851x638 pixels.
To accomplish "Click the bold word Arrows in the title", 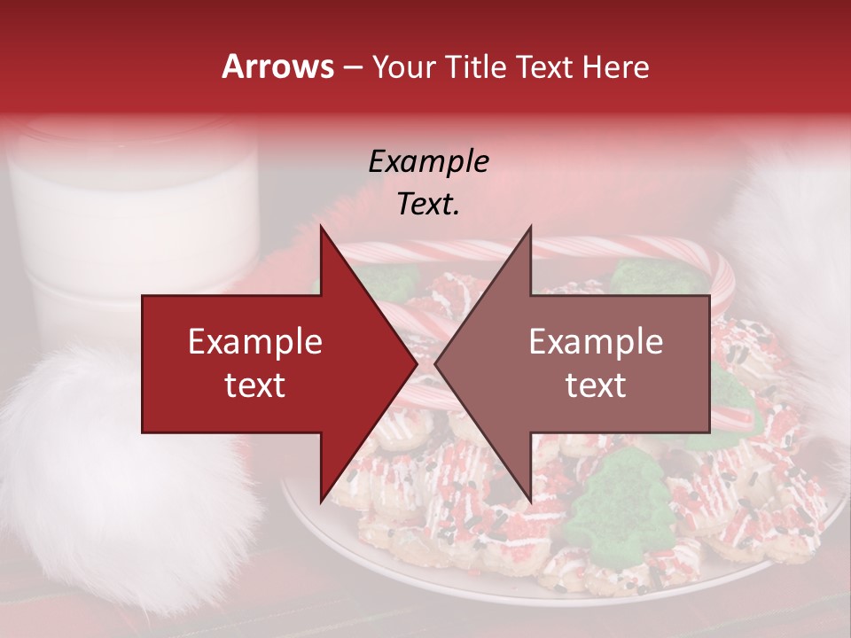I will tap(277, 66).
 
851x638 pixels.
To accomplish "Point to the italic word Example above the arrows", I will tap(428, 162).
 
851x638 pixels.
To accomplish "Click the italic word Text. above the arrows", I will tap(428, 205).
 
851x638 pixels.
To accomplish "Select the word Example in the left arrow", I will tap(255, 342).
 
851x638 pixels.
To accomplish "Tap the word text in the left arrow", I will tap(255, 385).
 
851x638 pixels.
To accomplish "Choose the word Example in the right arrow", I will tap(596, 342).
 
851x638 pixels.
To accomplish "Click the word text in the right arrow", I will tap(596, 385).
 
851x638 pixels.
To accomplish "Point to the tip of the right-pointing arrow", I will tap(416, 364).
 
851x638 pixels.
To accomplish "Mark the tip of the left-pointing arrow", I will tap(435, 364).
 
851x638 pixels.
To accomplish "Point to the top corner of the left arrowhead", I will tap(321, 227).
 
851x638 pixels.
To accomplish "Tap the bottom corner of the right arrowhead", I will tap(530, 502).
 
